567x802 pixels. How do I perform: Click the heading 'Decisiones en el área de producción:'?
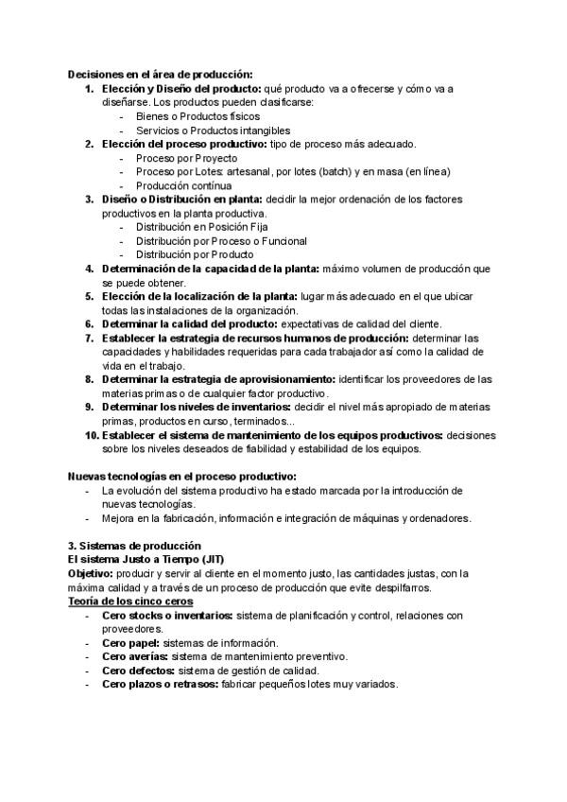point(159,75)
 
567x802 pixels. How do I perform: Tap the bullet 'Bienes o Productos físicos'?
point(184,116)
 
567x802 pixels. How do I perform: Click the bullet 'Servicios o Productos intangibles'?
point(213,130)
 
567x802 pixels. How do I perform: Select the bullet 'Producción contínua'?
point(182,185)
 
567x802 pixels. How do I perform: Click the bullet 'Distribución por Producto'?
point(194,254)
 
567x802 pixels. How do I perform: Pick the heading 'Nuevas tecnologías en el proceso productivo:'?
point(183,476)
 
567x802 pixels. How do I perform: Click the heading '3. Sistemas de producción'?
point(134,546)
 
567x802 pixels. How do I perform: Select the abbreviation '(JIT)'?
point(206,560)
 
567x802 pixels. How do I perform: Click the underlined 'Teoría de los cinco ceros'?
point(130,601)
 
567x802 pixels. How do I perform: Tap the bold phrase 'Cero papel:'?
point(131,642)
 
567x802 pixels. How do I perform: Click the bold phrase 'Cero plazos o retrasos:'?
point(160,684)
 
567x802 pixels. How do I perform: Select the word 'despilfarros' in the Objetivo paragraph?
point(399,587)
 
